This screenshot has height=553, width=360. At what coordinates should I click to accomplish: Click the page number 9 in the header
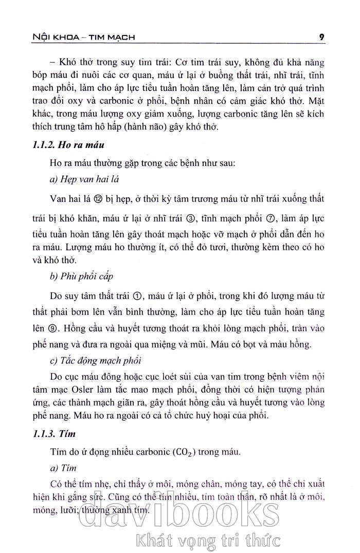coord(321,37)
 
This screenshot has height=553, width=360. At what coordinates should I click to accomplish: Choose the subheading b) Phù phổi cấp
coord(82,276)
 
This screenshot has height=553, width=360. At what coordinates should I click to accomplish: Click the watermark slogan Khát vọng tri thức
coord(206,540)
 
